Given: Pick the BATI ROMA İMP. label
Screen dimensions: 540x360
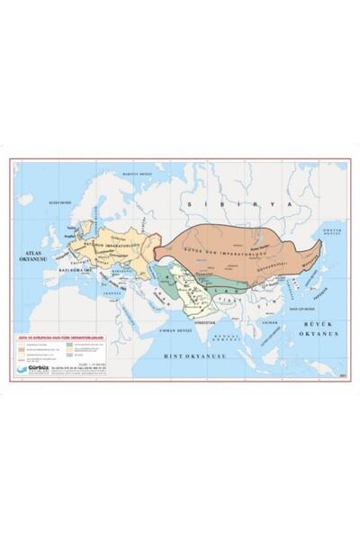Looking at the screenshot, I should tap(53, 267).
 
